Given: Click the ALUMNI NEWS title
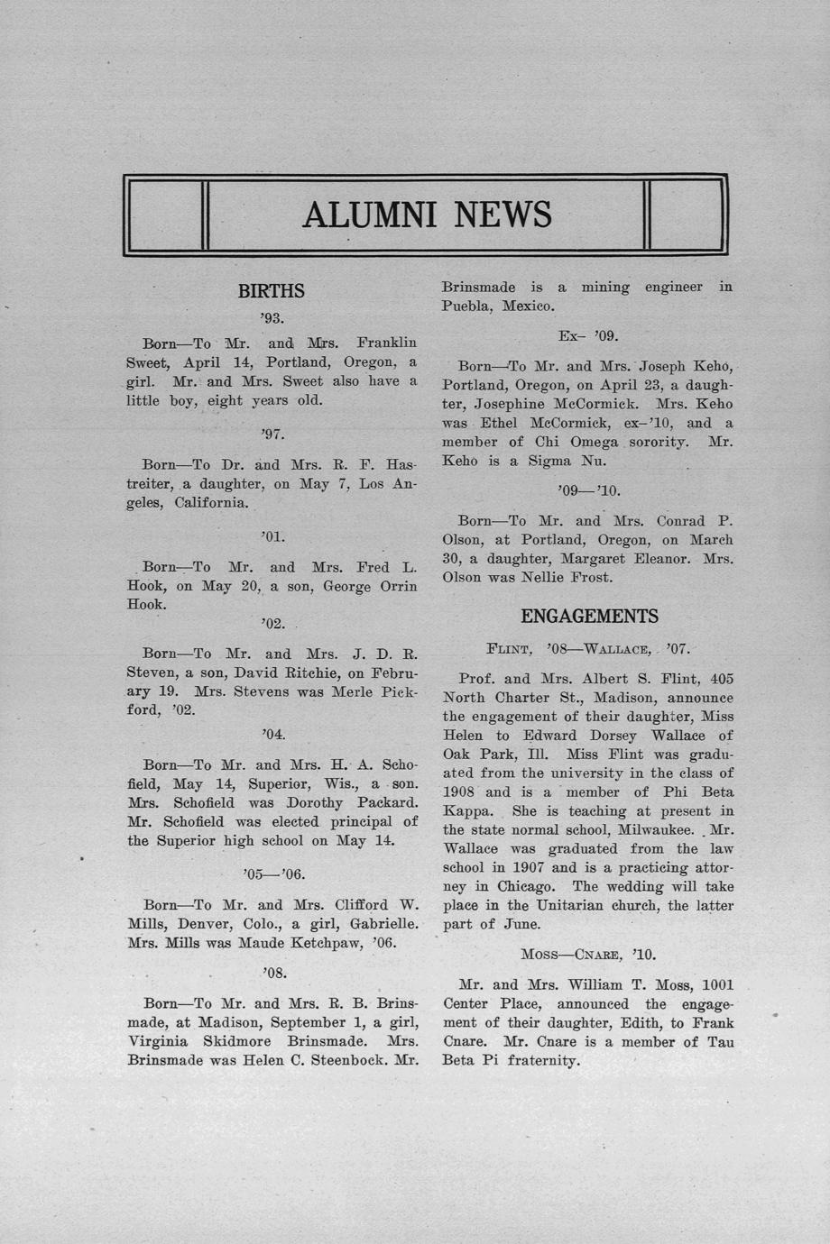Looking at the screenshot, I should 426,215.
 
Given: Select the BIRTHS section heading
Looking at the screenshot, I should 271,291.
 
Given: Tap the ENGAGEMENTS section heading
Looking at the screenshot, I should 589,617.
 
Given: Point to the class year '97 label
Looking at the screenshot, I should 272,434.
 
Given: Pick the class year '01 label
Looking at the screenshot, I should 272,536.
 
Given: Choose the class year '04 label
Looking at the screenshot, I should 272,735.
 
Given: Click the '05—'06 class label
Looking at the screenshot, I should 272,874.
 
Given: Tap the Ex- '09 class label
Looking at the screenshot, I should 587,336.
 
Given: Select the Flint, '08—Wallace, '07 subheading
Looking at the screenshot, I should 588,648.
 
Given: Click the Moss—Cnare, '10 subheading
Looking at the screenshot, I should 587,954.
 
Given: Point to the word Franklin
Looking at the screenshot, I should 386,343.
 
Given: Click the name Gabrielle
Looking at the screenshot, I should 383,924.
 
